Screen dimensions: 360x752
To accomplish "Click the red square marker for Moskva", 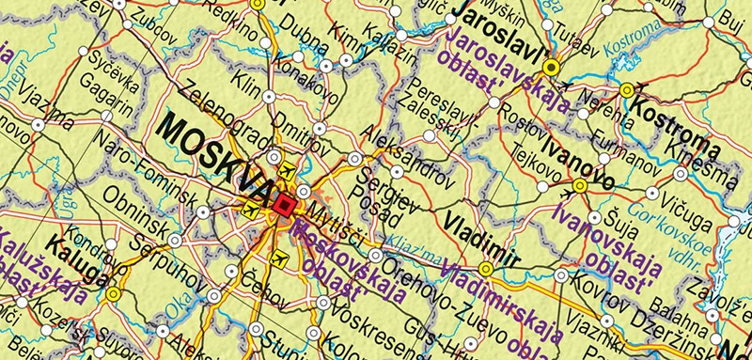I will [287, 206].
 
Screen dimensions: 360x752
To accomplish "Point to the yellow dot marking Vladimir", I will [486, 268].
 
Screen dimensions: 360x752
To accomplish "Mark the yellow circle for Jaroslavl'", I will [552, 67].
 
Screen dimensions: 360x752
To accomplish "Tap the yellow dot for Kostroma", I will [627, 90].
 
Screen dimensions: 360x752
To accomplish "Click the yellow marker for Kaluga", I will [113, 294].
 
